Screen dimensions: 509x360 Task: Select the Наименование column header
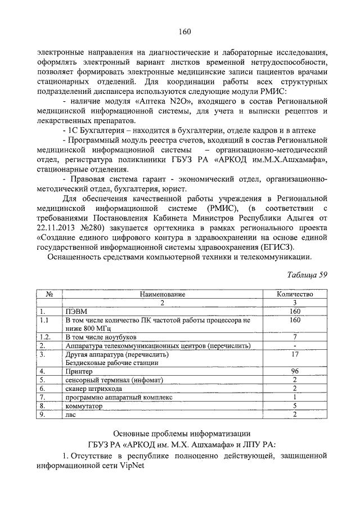click(162, 294)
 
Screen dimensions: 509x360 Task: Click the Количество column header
click(294, 294)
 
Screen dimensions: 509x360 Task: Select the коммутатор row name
click(85, 405)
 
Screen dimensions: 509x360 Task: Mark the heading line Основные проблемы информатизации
click(182, 434)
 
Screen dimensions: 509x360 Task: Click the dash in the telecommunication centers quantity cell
click(294, 345)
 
